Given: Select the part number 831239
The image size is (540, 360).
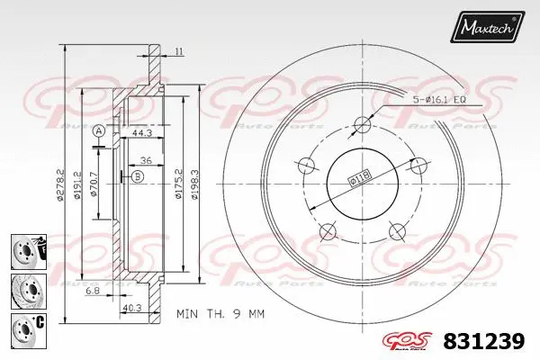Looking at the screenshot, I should pyautogui.click(x=486, y=342).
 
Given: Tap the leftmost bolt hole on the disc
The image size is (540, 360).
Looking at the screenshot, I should pyautogui.click(x=304, y=165).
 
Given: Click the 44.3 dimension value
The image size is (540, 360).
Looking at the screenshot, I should pyautogui.click(x=139, y=132).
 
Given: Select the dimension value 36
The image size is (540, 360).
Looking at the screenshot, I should pyautogui.click(x=145, y=162).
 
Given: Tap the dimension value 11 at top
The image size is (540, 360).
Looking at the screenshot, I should pyautogui.click(x=179, y=51).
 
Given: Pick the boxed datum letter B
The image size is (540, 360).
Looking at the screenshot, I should pyautogui.click(x=136, y=177).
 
